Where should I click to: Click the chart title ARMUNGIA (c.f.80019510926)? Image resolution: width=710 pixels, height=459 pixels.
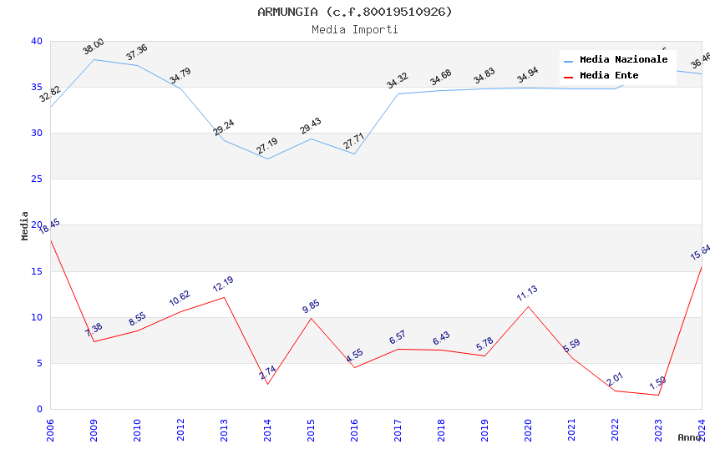coord(354,12)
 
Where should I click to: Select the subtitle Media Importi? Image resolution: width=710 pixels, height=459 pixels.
coord(354,30)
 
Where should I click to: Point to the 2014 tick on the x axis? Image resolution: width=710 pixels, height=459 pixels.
coord(267,429)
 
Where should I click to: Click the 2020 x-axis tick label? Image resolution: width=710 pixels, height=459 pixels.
coord(528,429)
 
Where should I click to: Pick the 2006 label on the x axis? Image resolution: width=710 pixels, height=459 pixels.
coord(50,429)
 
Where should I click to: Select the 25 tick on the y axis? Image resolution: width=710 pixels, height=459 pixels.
coord(37,179)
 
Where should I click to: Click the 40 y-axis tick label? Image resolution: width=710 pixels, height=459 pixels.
coord(37,41)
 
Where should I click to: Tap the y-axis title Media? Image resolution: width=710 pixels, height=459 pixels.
coord(25,225)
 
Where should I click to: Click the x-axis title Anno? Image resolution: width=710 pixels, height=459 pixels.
coord(689,437)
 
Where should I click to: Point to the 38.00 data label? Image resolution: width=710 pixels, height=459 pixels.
coord(94,47)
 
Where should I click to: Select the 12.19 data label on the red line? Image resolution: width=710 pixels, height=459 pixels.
coord(223,284)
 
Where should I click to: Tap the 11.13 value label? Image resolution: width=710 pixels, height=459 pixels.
coord(527,293)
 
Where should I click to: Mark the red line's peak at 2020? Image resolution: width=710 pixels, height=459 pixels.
coord(528,306)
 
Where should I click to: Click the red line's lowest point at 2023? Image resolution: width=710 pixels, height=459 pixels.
coord(658,395)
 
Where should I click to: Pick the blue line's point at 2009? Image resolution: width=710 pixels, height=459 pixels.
coord(94,59)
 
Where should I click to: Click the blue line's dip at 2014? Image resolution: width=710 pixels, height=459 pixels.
coord(267,159)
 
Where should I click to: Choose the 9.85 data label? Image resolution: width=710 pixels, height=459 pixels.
coord(311,306)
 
